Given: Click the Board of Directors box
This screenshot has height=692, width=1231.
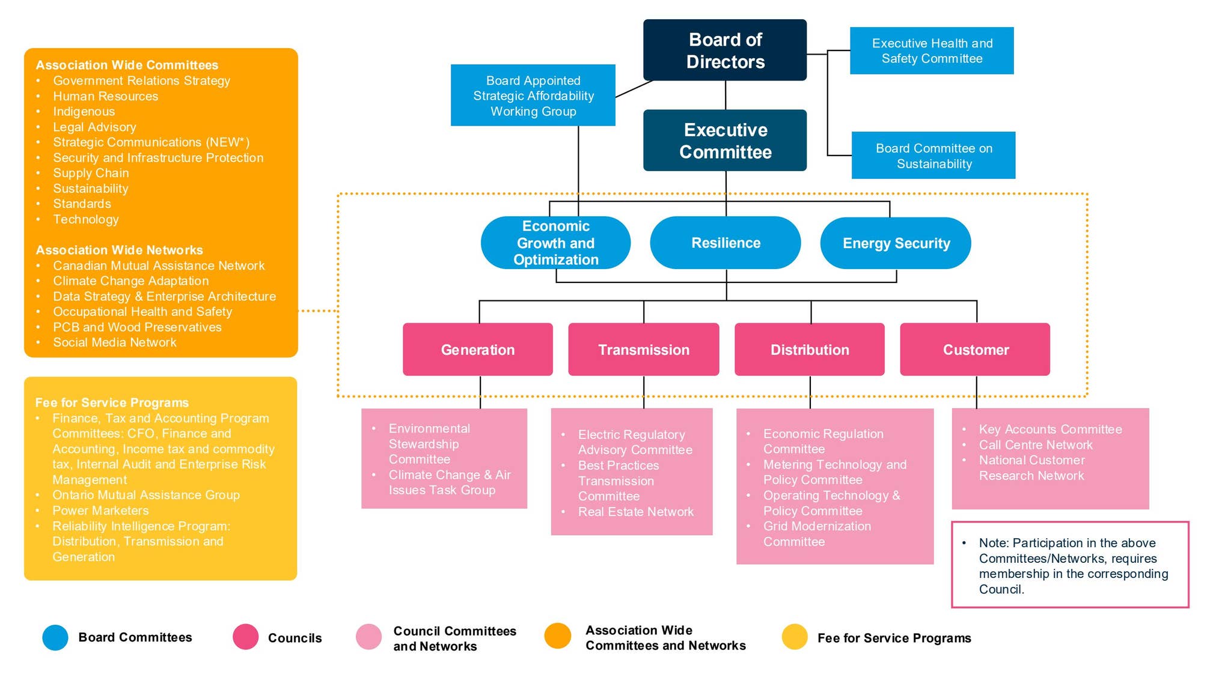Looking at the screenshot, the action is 725,50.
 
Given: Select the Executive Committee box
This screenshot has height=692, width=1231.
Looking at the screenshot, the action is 725,140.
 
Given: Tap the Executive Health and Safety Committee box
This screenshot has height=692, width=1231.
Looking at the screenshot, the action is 932,50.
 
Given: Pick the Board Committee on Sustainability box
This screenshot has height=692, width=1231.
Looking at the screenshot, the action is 933,155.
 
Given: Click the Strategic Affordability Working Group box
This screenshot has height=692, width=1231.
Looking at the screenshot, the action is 533,95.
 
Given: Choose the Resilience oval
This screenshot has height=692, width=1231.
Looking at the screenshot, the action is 725,243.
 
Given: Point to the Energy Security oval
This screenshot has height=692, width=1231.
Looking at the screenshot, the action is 896,243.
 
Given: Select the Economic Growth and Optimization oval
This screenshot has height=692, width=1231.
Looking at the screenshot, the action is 555,243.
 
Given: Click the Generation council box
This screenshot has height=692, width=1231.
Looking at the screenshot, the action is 478,350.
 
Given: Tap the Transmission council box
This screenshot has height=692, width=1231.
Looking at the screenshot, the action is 644,350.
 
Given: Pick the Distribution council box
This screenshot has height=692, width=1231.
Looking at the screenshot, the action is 810,350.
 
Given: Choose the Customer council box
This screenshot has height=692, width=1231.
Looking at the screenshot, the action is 975,350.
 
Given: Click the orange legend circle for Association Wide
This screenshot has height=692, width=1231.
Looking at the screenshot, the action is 558,636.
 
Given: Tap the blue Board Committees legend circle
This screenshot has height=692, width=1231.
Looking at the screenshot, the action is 55,637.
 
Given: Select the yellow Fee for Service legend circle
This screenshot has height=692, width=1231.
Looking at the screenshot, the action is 795,637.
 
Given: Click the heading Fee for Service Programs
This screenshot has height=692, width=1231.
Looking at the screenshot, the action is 112,402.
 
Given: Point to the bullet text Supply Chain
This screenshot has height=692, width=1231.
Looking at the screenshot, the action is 91,173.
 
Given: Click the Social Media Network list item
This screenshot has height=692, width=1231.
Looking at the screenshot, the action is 114,342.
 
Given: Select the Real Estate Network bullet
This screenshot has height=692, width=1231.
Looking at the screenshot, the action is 636,512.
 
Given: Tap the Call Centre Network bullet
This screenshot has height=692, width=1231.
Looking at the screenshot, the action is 1036,445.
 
